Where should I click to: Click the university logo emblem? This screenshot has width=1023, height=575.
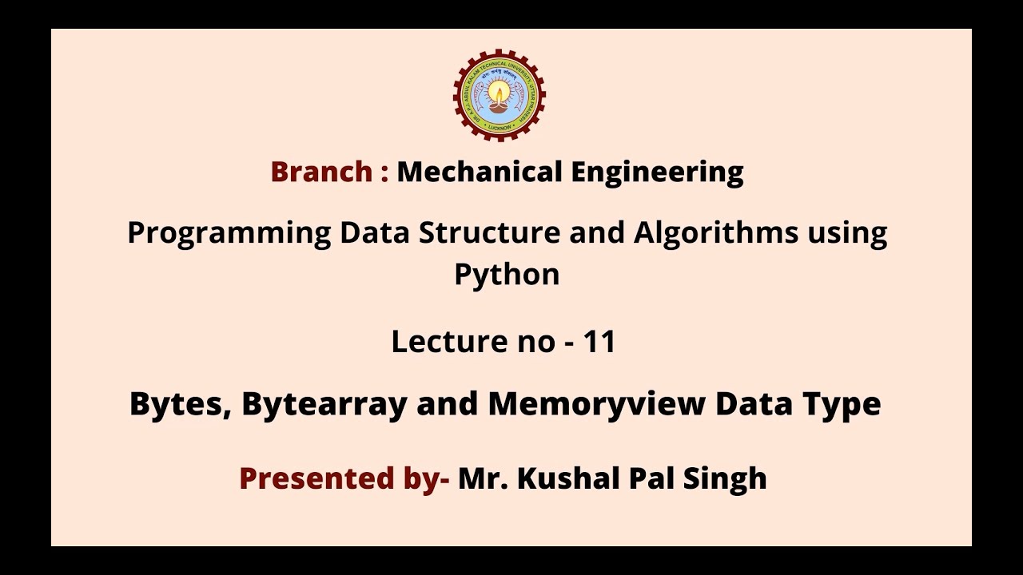[x=500, y=95]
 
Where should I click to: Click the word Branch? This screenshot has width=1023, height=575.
[x=321, y=172]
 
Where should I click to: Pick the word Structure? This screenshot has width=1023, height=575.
[x=521, y=232]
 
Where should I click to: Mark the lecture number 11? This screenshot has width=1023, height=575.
[x=599, y=342]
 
